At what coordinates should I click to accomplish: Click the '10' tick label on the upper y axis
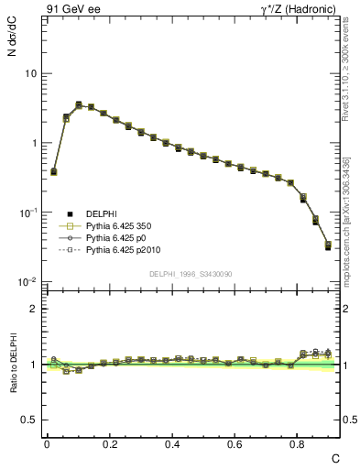[30, 73]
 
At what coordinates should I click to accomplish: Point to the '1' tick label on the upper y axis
[33, 143]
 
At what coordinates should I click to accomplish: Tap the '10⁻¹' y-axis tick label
[27, 212]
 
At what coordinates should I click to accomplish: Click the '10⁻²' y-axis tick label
[27, 281]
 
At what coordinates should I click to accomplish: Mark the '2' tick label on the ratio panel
[33, 309]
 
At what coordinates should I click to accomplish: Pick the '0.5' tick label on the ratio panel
[29, 420]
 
